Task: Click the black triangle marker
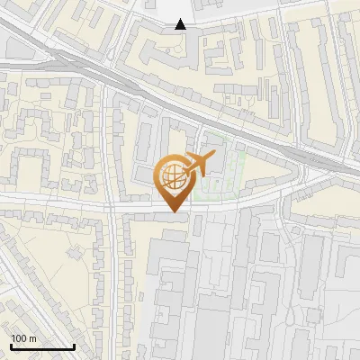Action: pos(181,24)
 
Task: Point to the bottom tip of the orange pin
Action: pos(172,211)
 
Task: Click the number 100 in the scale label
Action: pos(20,337)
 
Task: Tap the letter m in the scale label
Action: pos(33,337)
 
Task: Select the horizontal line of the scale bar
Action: pos(42,347)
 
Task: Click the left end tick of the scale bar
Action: pos(11,345)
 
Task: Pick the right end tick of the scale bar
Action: pos(74,345)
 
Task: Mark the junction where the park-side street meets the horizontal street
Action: pos(114,210)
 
